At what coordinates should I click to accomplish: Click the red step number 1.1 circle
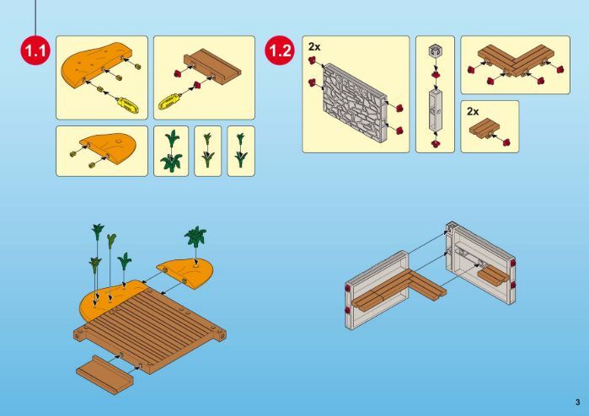pyautogui.click(x=35, y=50)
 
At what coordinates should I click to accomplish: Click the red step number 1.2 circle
pyautogui.click(x=281, y=50)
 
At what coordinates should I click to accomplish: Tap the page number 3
pyautogui.click(x=577, y=403)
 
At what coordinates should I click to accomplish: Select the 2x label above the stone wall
pyautogui.click(x=314, y=46)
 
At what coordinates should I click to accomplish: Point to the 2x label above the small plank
pyautogui.click(x=473, y=111)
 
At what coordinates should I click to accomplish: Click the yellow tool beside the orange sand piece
pyautogui.click(x=128, y=104)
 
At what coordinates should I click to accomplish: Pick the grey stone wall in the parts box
pyautogui.click(x=355, y=102)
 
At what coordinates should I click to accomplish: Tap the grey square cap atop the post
pyautogui.click(x=435, y=51)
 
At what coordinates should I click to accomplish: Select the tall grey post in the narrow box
pyautogui.click(x=436, y=109)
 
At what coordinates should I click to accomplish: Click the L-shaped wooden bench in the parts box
pyautogui.click(x=516, y=60)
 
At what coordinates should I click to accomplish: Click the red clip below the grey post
pyautogui.click(x=436, y=143)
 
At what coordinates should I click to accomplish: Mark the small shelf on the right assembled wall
pyautogui.click(x=490, y=276)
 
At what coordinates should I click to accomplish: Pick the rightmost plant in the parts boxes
pyautogui.click(x=241, y=150)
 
